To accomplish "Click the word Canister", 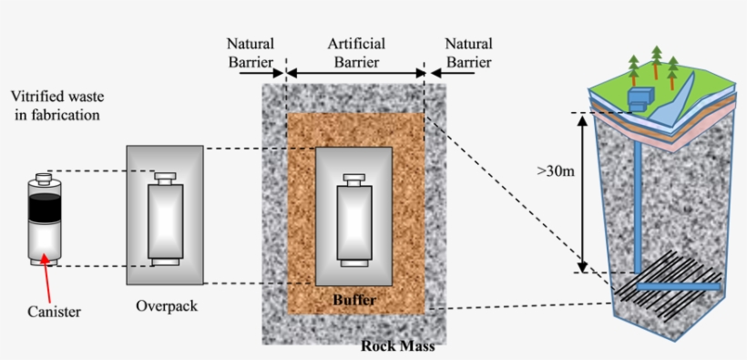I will pyautogui.click(x=54, y=312).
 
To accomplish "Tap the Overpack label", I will pyautogui.click(x=166, y=306).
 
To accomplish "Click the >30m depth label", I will pyautogui.click(x=556, y=171).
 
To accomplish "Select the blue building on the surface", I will pyautogui.click(x=641, y=98).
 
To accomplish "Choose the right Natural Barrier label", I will pyautogui.click(x=468, y=53).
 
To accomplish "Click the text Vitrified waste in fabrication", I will pyautogui.click(x=55, y=106).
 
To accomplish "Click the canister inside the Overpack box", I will pyautogui.click(x=166, y=219).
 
